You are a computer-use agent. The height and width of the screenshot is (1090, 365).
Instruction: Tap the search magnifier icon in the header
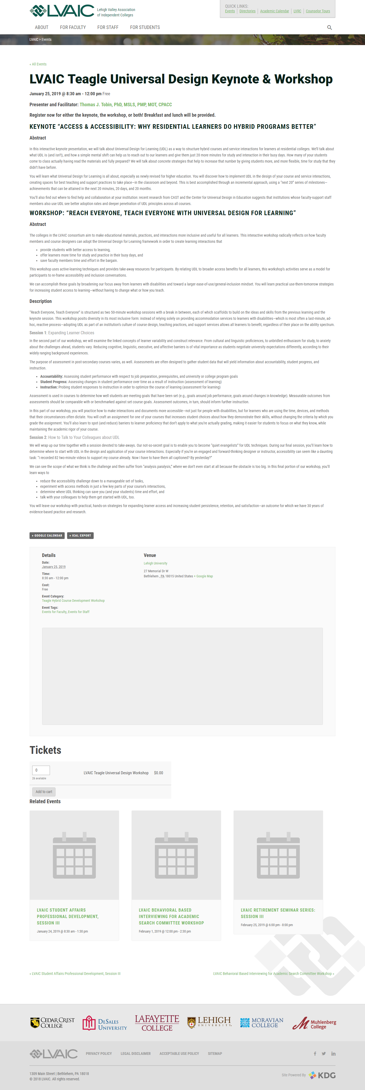pyautogui.click(x=329, y=28)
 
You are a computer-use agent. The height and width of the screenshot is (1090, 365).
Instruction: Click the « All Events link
pyautogui.click(x=38, y=64)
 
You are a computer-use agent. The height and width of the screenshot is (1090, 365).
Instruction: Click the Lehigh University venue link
pyautogui.click(x=155, y=563)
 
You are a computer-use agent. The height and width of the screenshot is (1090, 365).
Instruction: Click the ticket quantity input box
pyautogui.click(x=41, y=770)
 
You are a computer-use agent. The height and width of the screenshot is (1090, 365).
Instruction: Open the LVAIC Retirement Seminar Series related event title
pyautogui.click(x=278, y=913)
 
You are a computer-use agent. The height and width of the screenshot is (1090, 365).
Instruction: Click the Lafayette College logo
pyautogui.click(x=157, y=1023)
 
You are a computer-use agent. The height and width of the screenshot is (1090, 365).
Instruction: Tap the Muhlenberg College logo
pyautogui.click(x=314, y=1023)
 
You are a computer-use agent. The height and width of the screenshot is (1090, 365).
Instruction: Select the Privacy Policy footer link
pyautogui.click(x=99, y=1054)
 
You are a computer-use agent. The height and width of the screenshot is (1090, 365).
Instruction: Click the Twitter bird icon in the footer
pyautogui.click(x=323, y=1054)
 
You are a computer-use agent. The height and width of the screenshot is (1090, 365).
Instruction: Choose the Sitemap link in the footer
pyautogui.click(x=215, y=1054)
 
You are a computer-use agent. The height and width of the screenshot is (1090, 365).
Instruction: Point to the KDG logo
pyautogui.click(x=322, y=1075)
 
